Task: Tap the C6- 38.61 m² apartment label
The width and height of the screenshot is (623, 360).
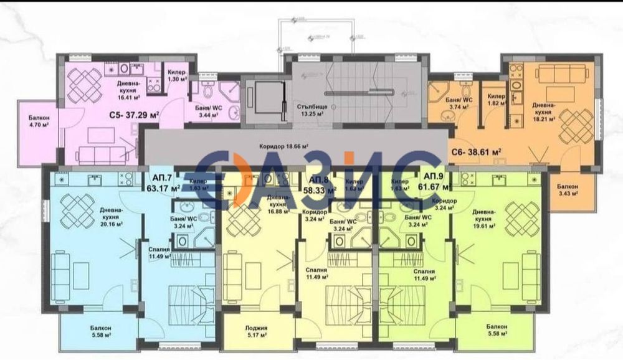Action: point(476,151)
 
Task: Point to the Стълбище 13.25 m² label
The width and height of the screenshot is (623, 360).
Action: point(313,110)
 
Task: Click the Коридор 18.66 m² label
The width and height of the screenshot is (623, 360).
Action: point(281,147)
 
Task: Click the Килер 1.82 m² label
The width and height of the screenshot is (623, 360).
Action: point(497,100)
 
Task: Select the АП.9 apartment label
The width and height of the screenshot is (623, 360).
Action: point(434,176)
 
